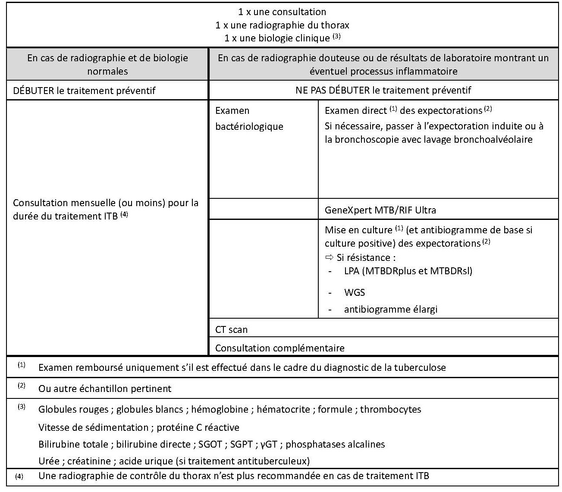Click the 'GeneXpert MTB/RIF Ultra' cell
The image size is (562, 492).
pos(380,210)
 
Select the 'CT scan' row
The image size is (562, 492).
pos(232,329)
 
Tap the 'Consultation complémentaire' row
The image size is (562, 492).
pos(279,348)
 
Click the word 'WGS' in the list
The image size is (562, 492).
pos(355,292)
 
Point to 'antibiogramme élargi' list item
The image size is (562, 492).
pos(390,309)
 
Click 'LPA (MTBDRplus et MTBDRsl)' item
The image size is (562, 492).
pos(408,271)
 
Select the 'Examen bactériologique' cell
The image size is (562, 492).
pos(249,119)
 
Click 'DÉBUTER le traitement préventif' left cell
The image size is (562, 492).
pos(84,91)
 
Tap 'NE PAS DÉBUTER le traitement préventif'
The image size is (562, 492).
pos(383,90)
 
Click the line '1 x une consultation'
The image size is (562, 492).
pos(282,12)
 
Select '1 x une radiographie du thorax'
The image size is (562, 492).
pos(282,25)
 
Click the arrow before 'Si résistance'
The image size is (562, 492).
pos(329,257)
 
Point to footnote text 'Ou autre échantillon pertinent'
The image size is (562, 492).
pos(105,389)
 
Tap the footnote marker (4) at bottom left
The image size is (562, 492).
pos(19,477)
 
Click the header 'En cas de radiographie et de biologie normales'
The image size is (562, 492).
pos(107,64)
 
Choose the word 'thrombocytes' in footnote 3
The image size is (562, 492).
pos(390,409)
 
